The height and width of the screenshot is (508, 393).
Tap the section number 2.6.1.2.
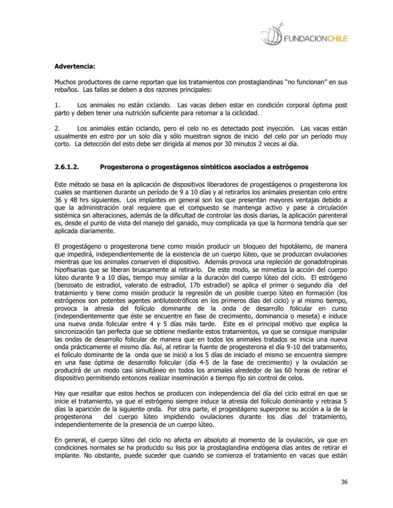click(66, 167)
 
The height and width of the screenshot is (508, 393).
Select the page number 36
click(344, 482)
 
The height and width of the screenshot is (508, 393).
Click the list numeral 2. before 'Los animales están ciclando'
click(57, 128)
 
